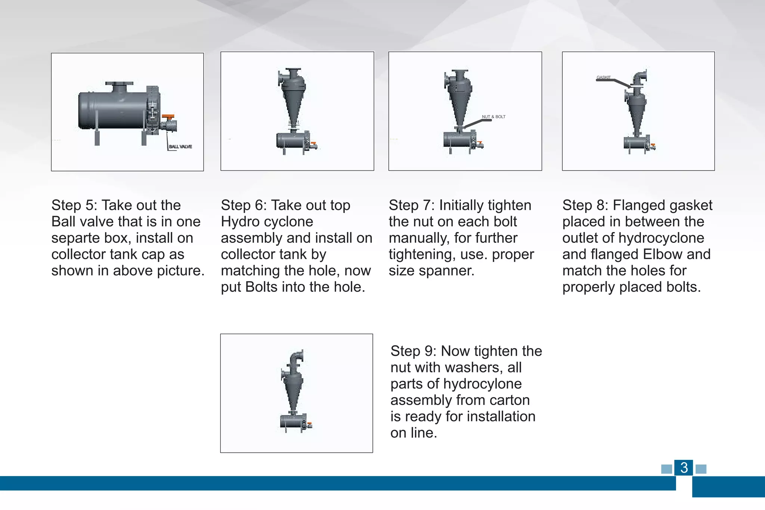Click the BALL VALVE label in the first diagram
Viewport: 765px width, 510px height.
[x=180, y=146]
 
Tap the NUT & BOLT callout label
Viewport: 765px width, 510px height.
[x=493, y=117]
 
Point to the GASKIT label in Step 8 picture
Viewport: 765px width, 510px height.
[x=603, y=77]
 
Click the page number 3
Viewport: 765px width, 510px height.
[x=684, y=468]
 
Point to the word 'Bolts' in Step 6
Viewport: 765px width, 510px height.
[x=261, y=287]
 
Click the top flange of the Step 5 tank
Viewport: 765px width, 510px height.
[x=119, y=84]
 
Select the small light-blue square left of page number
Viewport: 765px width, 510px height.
[x=666, y=469]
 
